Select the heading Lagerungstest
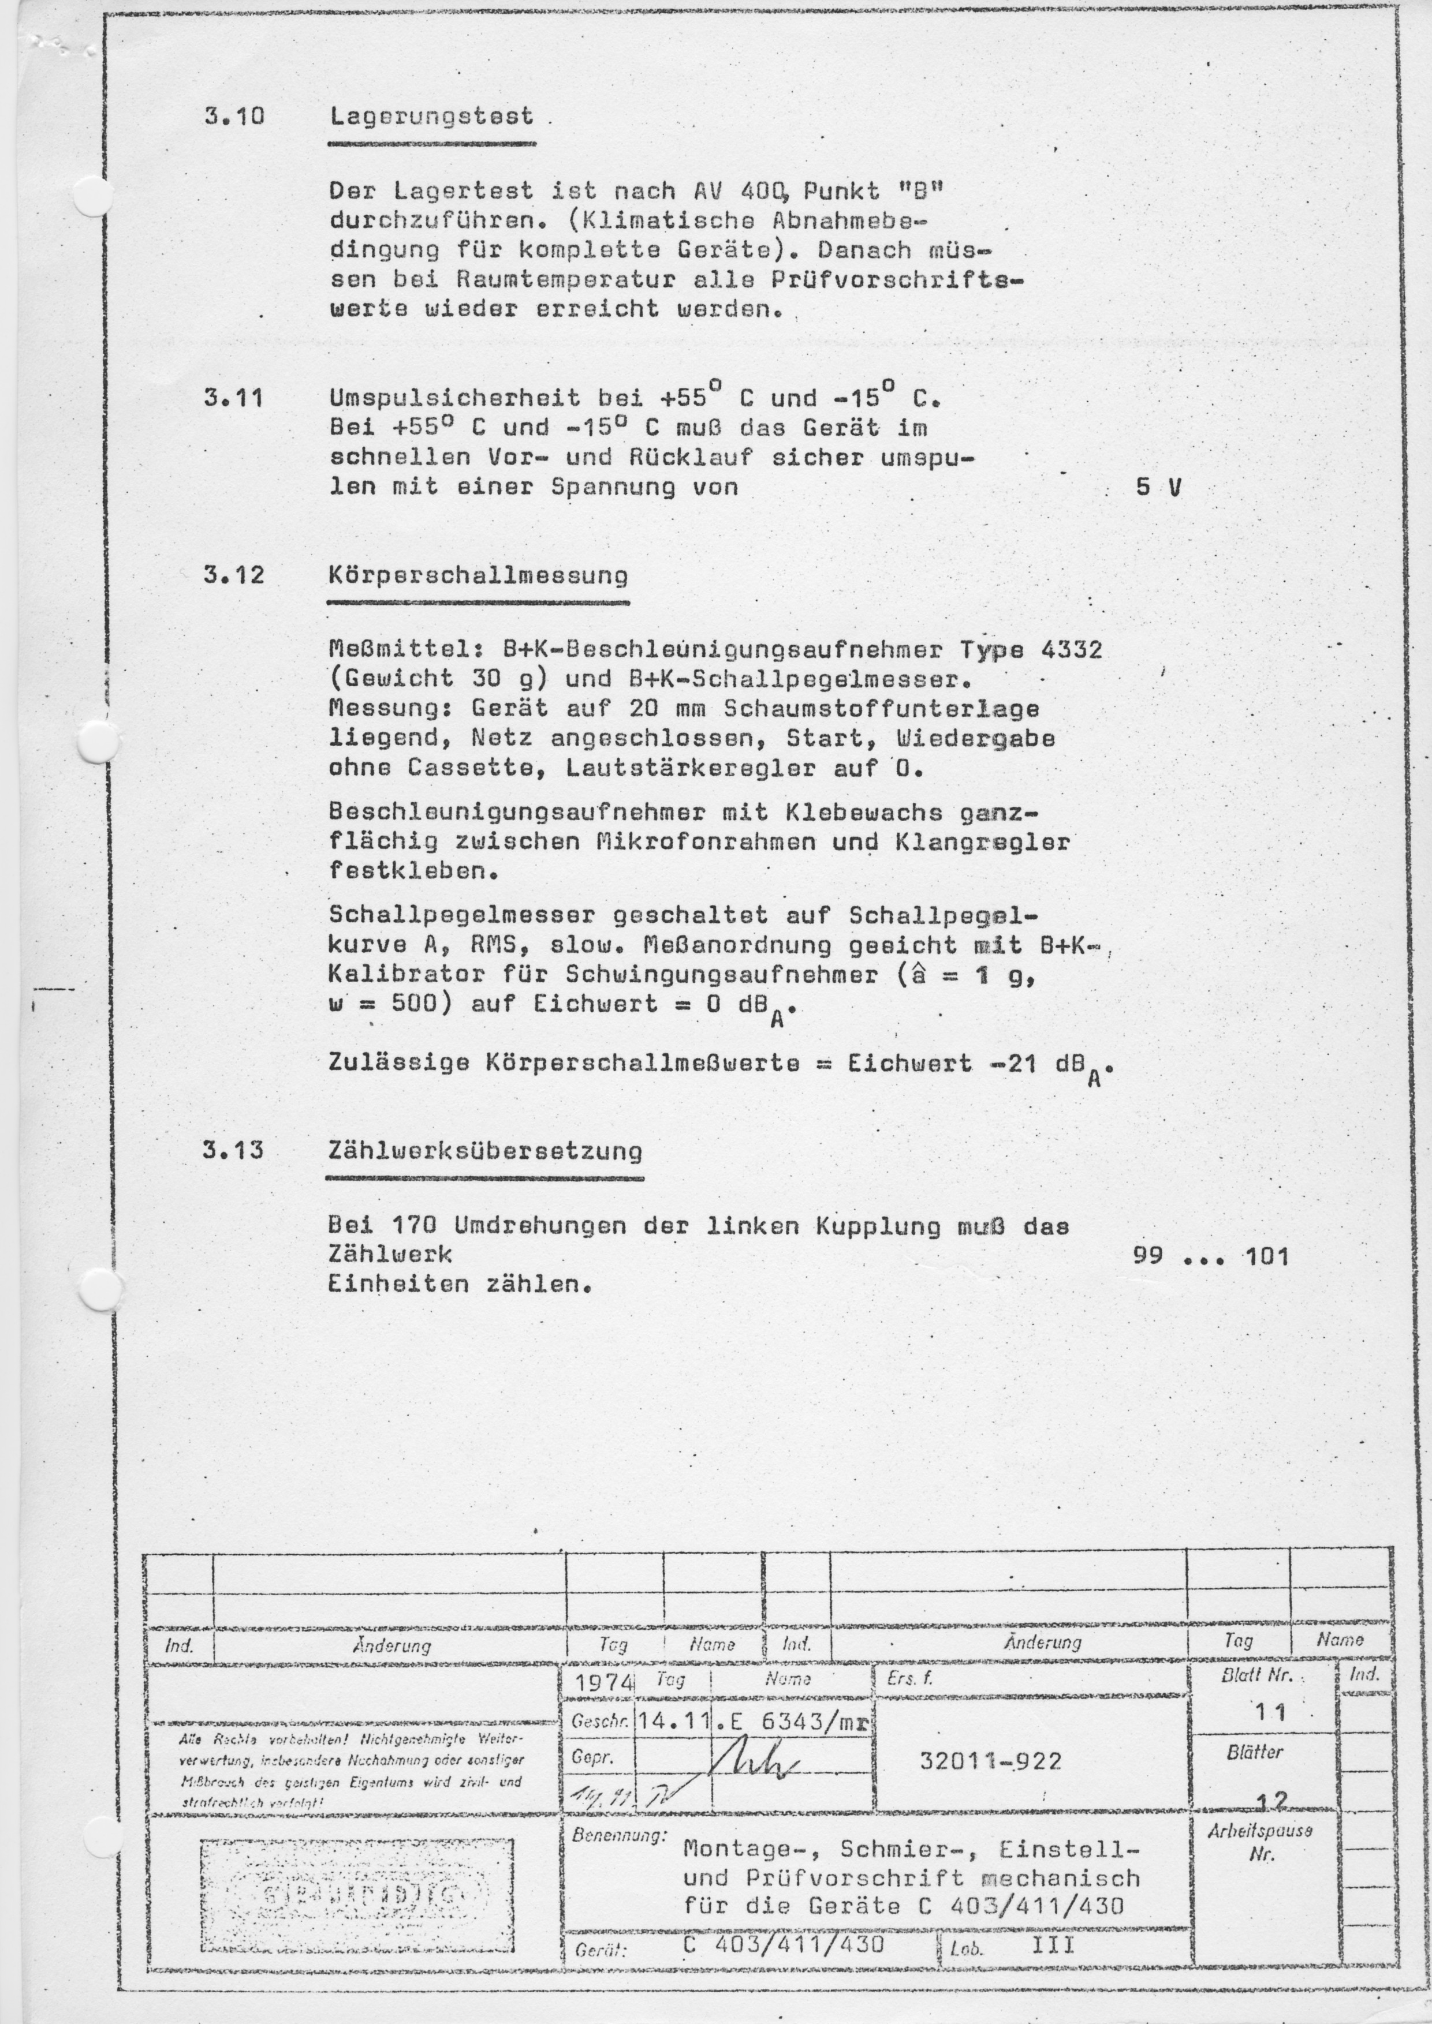[431, 117]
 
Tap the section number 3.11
[234, 398]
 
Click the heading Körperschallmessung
[478, 575]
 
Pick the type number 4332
[1071, 650]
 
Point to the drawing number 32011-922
[990, 1760]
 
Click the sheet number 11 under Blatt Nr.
[1271, 1713]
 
